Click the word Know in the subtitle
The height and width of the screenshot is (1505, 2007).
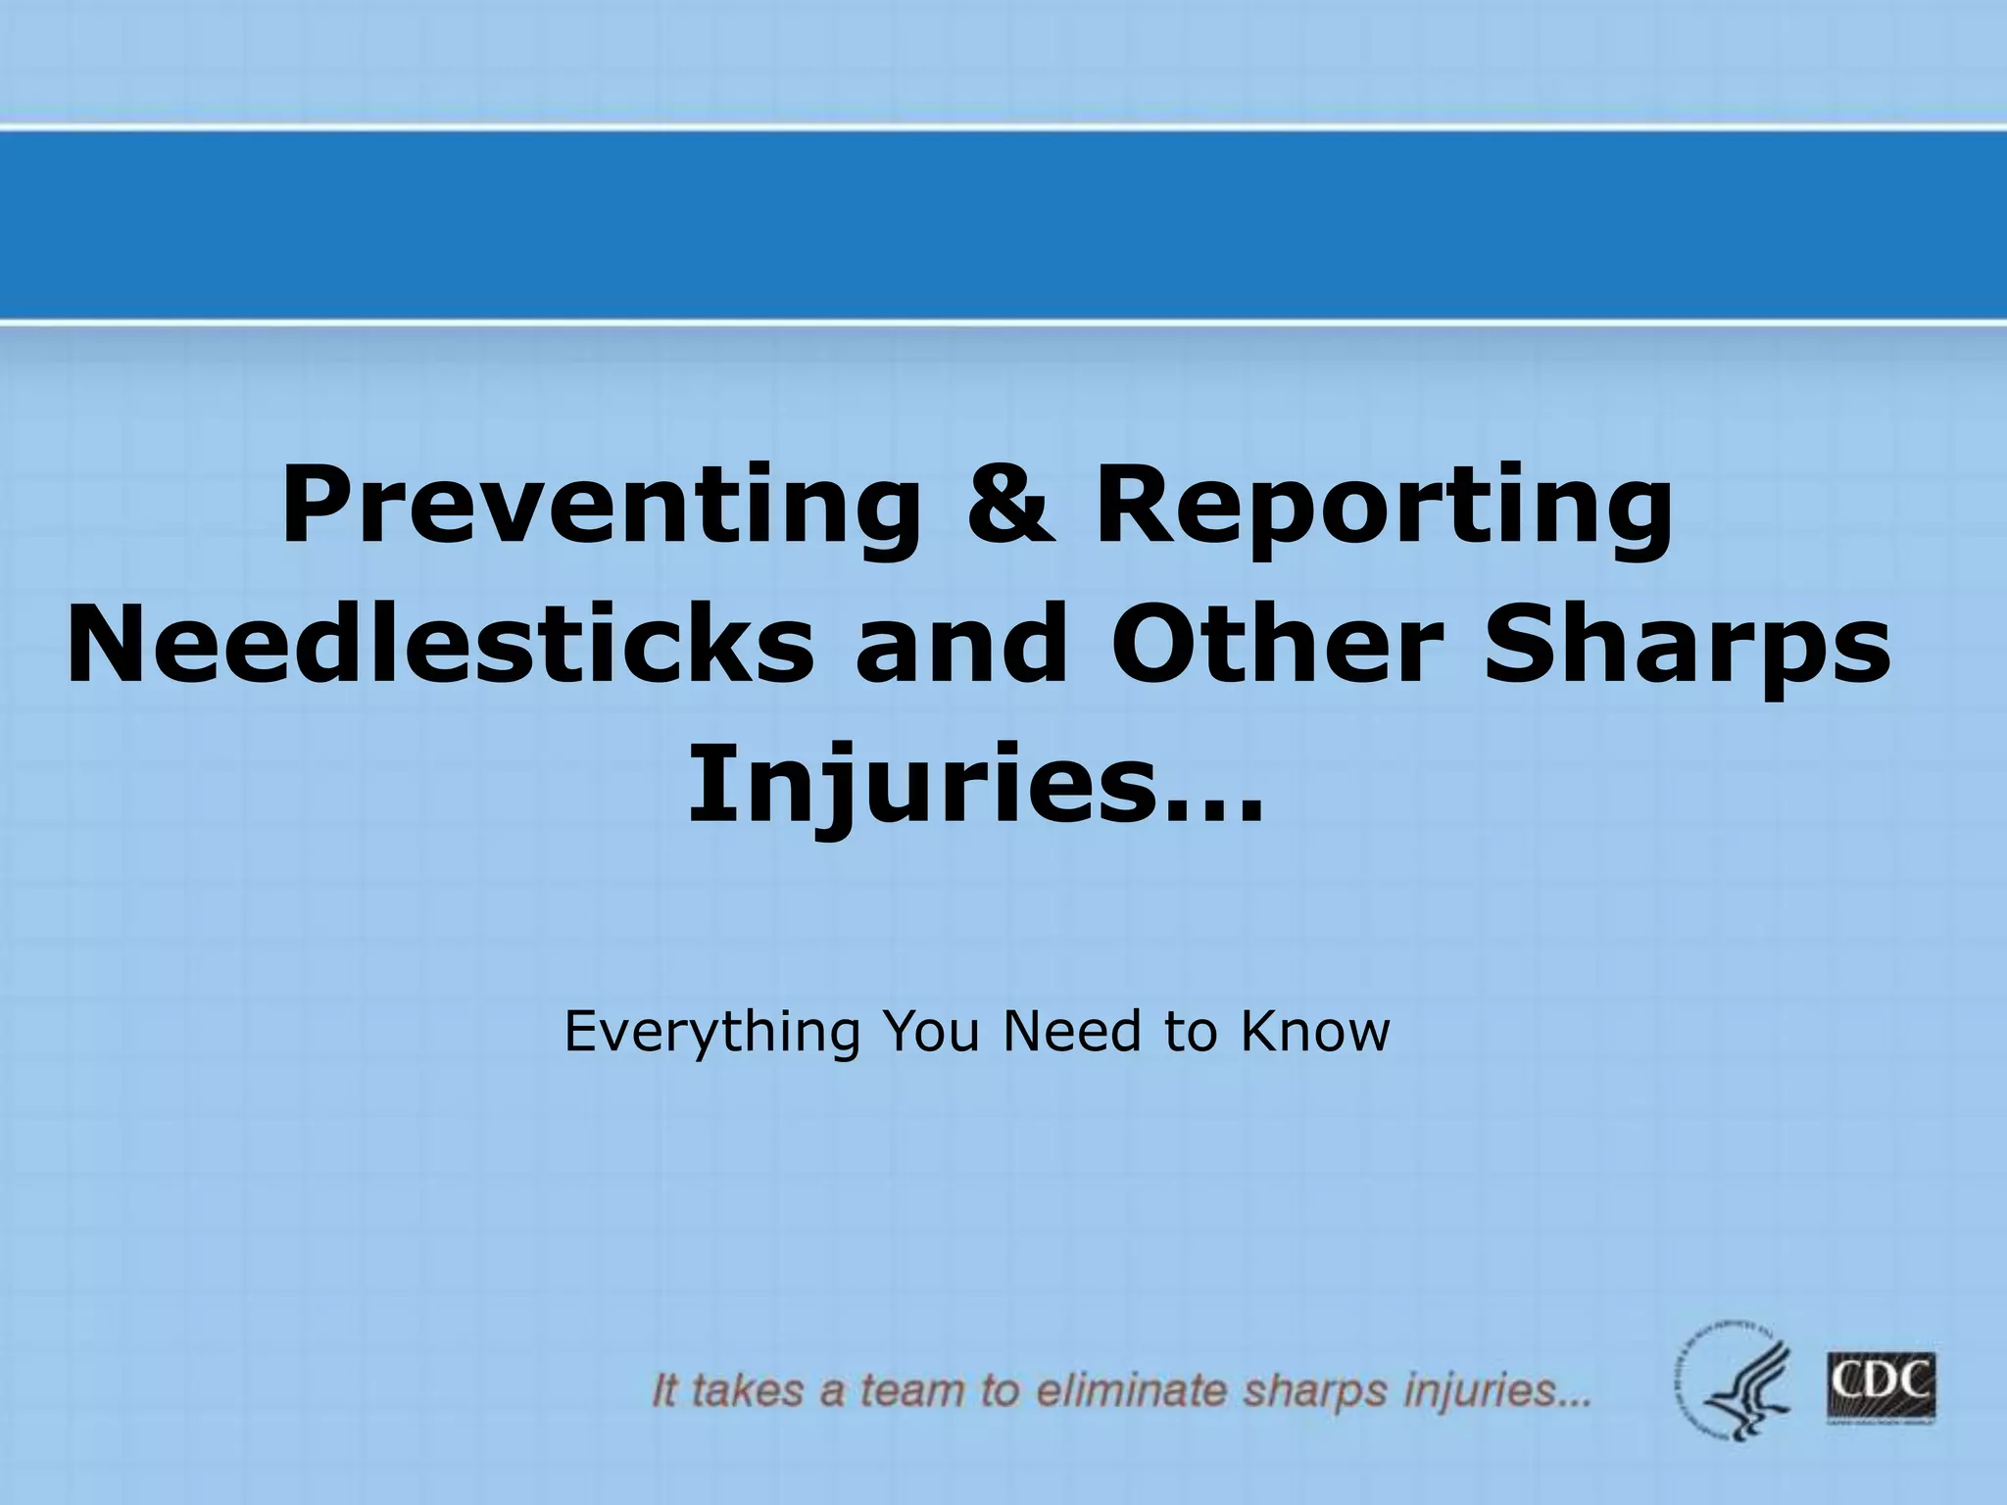pyautogui.click(x=1314, y=1032)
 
